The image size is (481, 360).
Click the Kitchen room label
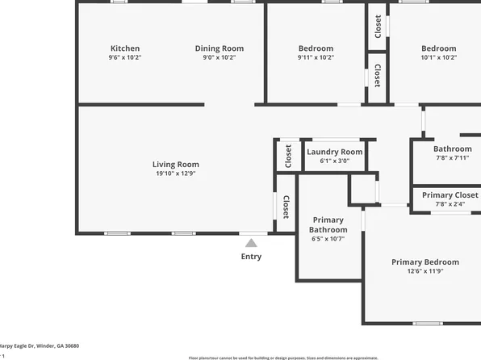(125, 48)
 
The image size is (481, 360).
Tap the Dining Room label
(220, 48)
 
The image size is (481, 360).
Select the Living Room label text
(176, 165)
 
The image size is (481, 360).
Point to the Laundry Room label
(335, 152)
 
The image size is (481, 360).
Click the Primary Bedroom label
(425, 262)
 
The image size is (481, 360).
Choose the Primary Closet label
(450, 195)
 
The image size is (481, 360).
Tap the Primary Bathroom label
(328, 225)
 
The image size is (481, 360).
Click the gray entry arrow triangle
(251, 241)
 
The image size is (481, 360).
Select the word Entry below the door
(251, 257)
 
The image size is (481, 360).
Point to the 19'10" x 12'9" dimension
(176, 174)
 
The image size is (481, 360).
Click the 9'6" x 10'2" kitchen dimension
(125, 57)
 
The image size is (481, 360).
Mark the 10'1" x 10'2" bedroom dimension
(438, 57)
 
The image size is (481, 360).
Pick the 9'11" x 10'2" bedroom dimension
(316, 57)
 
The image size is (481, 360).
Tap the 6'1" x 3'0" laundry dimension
(335, 161)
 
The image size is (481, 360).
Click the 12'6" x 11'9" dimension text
(425, 271)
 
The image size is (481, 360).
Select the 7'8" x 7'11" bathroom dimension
(453, 157)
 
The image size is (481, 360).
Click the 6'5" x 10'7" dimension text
(328, 239)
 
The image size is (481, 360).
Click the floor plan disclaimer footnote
(282, 358)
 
